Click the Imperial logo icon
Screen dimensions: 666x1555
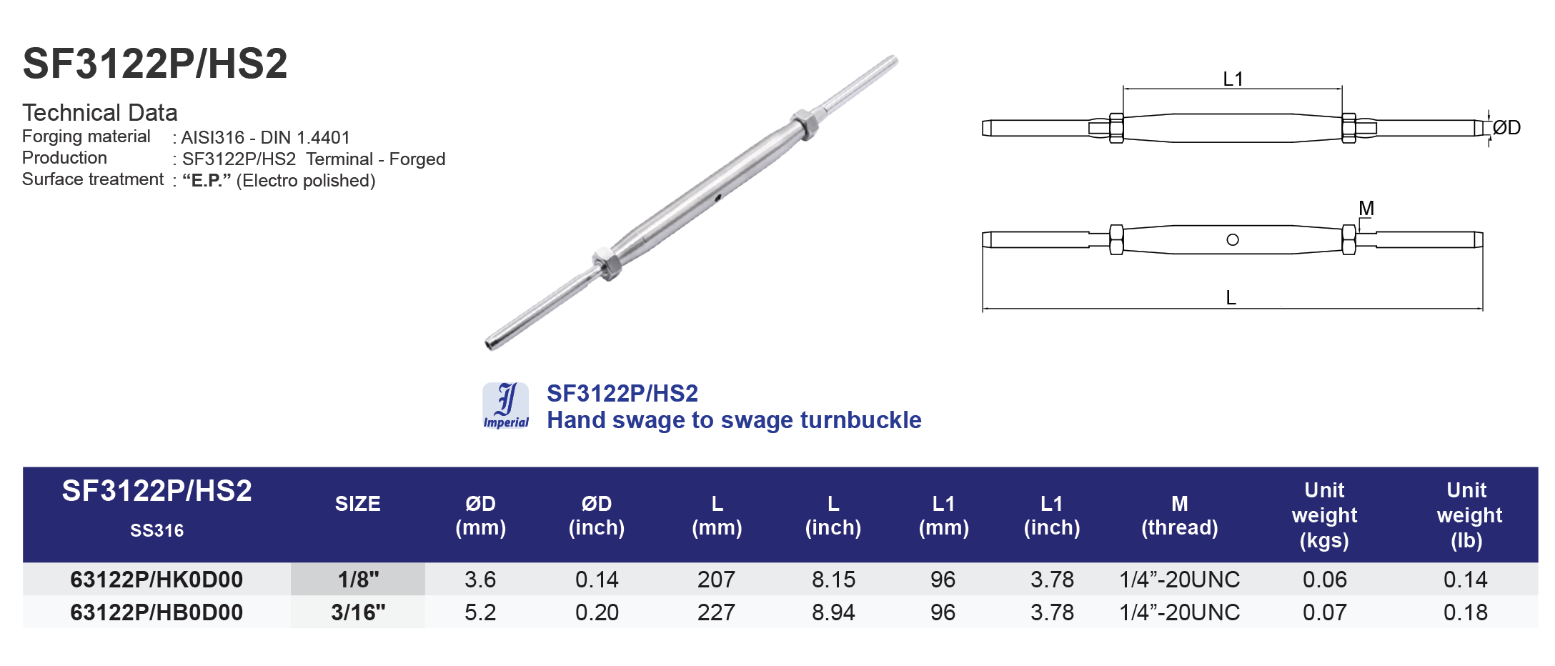pos(506,405)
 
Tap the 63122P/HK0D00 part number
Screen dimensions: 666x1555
pos(157,580)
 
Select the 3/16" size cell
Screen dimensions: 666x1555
pos(358,612)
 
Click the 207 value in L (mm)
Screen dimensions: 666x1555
pos(716,580)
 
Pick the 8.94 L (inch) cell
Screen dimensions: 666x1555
pos(833,612)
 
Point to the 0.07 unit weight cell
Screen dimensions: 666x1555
pos(1324,612)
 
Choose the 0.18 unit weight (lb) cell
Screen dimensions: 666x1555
pos(1465,612)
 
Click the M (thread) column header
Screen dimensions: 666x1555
pos(1179,515)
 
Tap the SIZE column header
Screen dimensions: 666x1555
pos(358,504)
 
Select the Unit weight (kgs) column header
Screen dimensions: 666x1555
pos(1324,515)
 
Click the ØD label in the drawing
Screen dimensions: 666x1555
pos(1506,128)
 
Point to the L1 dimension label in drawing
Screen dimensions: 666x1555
pos(1233,79)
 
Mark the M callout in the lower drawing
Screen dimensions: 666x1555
pos(1366,208)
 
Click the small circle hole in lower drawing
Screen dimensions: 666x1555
pos(1233,240)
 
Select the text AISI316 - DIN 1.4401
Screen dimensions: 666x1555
pos(265,137)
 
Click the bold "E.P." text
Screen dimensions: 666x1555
pos(207,181)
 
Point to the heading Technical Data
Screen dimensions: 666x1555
pos(100,113)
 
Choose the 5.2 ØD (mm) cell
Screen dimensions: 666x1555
pos(480,612)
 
